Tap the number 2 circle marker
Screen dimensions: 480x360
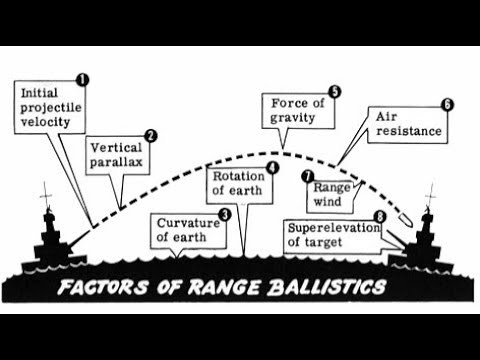point(150,136)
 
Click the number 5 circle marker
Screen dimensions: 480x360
point(335,92)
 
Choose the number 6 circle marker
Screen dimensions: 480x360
point(447,104)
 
